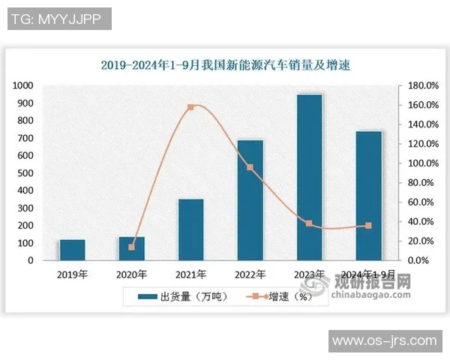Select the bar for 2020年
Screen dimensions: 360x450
131,248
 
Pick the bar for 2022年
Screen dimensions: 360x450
250,200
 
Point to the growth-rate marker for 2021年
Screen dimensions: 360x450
190,107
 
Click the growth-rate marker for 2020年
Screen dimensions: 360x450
131,247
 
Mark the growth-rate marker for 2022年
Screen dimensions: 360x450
250,167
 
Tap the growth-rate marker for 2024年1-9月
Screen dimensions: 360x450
368,226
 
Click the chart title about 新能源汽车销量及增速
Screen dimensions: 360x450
225,65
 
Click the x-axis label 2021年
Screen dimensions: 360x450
190,274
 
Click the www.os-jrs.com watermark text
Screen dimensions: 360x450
384,341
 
